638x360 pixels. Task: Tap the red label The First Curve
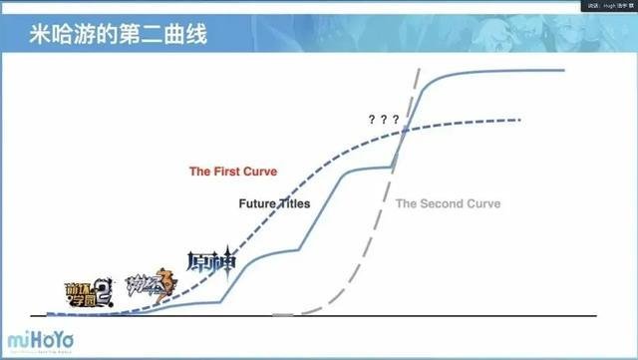233,171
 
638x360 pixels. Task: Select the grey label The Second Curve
448,203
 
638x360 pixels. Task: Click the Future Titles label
274,203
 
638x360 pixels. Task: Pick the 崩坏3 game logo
150,286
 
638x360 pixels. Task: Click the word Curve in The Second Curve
481,203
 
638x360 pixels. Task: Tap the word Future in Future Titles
257,203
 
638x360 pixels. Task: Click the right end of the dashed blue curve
520,120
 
